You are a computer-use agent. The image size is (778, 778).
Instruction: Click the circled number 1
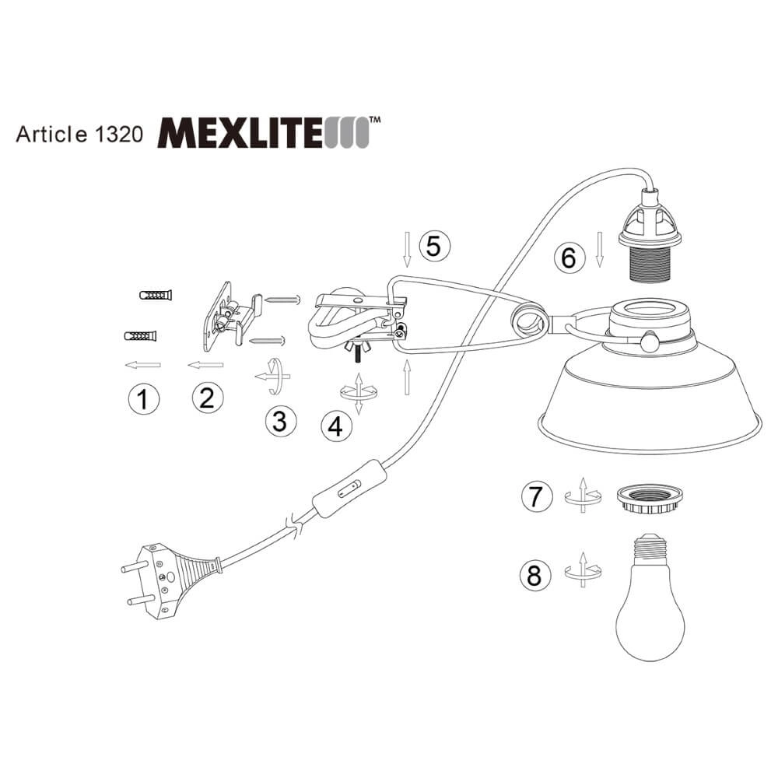(142, 400)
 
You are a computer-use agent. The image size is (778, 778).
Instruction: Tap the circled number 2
(207, 398)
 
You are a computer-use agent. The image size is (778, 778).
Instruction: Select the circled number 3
(280, 421)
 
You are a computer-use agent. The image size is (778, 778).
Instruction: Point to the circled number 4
(335, 426)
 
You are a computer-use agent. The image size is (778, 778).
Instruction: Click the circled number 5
(434, 245)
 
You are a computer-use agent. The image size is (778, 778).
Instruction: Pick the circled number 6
(569, 257)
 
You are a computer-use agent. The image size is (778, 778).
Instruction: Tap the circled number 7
(534, 497)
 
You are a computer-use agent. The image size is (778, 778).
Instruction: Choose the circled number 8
(534, 576)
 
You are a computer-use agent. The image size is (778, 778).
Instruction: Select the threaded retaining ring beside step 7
(646, 499)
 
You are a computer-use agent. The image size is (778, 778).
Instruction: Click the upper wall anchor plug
(156, 296)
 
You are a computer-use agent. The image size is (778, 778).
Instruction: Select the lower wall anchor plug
(140, 336)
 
